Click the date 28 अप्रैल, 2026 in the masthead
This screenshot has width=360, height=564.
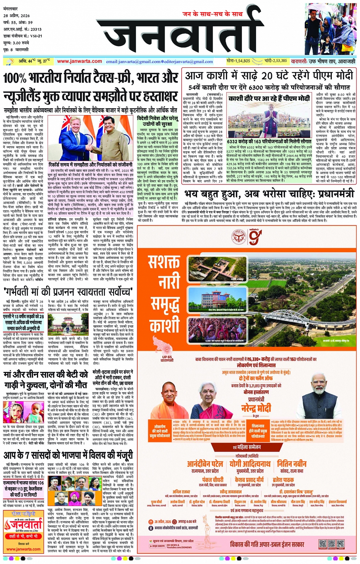coord(16,16)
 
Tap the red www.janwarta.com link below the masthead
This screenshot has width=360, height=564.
coord(79,61)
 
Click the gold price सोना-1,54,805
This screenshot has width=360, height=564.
coord(238,61)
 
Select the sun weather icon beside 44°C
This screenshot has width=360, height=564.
coord(10,61)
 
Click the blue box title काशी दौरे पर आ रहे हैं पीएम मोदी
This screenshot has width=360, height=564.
coord(269,98)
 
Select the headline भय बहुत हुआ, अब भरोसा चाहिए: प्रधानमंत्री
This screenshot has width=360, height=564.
coord(269,194)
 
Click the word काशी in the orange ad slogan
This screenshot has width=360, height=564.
coord(164,327)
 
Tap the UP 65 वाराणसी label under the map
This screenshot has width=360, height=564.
coord(167,358)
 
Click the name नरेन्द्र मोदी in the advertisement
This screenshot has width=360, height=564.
coord(256,408)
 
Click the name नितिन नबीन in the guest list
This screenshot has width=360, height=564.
coord(291,464)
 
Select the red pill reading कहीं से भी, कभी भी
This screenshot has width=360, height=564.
coord(23,536)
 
